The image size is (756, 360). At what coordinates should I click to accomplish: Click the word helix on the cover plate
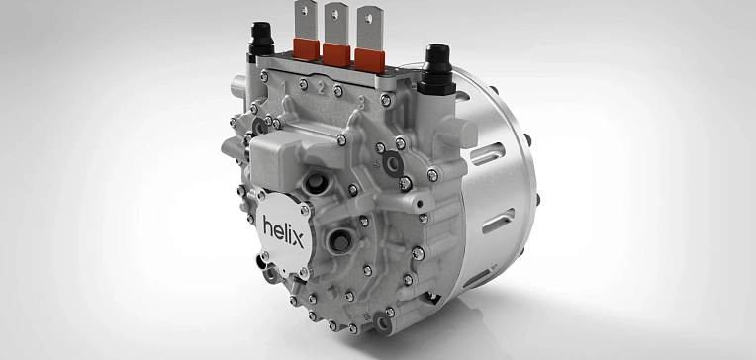[x=283, y=232]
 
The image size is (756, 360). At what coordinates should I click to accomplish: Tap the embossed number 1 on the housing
[x=284, y=87]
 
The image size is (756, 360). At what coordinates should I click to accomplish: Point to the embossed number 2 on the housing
[x=321, y=89]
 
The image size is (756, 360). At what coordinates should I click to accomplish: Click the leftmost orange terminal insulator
[x=306, y=49]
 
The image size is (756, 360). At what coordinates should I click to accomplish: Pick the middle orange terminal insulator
[x=336, y=54]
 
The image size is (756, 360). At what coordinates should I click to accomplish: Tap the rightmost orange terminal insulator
[x=370, y=60]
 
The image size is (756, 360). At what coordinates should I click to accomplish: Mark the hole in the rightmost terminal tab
[x=369, y=19]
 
